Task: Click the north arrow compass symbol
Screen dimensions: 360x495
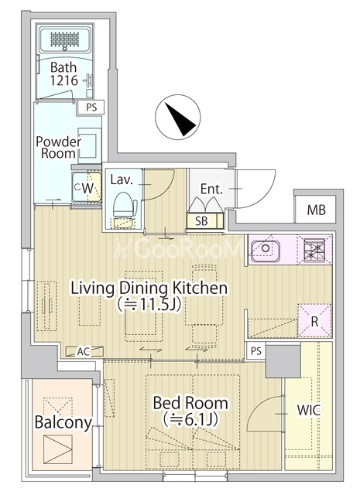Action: [x=177, y=117]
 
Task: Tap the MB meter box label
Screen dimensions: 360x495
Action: [x=316, y=210]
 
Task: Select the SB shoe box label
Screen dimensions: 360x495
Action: [x=201, y=221]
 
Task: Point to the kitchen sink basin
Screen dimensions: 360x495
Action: [x=266, y=248]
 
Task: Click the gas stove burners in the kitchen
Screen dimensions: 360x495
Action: [x=314, y=249]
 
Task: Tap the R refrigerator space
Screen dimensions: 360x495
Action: [x=314, y=321]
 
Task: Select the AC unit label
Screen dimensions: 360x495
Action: [x=84, y=351]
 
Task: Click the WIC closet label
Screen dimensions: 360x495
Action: [x=308, y=410]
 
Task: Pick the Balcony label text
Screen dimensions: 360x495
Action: [x=63, y=422]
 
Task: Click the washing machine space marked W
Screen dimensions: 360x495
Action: [x=86, y=187]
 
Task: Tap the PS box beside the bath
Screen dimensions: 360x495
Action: [x=91, y=108]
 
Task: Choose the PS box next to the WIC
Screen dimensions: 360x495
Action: [x=256, y=350]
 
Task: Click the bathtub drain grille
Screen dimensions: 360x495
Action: [x=65, y=39]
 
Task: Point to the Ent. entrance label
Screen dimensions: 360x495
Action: [x=211, y=189]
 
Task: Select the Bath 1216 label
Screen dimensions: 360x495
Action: [x=63, y=74]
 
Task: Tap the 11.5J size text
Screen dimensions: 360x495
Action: [x=149, y=305]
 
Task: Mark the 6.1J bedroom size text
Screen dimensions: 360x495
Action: [x=190, y=420]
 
